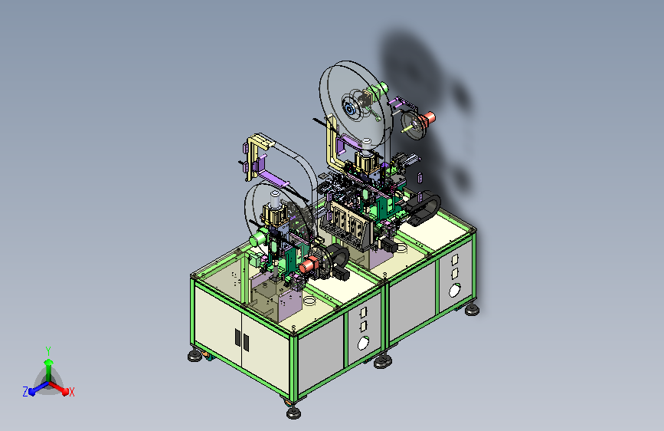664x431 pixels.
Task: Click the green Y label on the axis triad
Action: pyautogui.click(x=48, y=350)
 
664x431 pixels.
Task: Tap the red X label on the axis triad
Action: pyautogui.click(x=71, y=392)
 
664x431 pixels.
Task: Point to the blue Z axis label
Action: pyautogui.click(x=25, y=392)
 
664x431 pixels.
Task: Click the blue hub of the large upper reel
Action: pyautogui.click(x=350, y=110)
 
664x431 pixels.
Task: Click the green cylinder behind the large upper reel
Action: pyautogui.click(x=378, y=89)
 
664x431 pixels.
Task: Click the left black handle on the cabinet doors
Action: pyautogui.click(x=237, y=337)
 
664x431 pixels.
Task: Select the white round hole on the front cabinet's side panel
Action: pyautogui.click(x=363, y=343)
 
